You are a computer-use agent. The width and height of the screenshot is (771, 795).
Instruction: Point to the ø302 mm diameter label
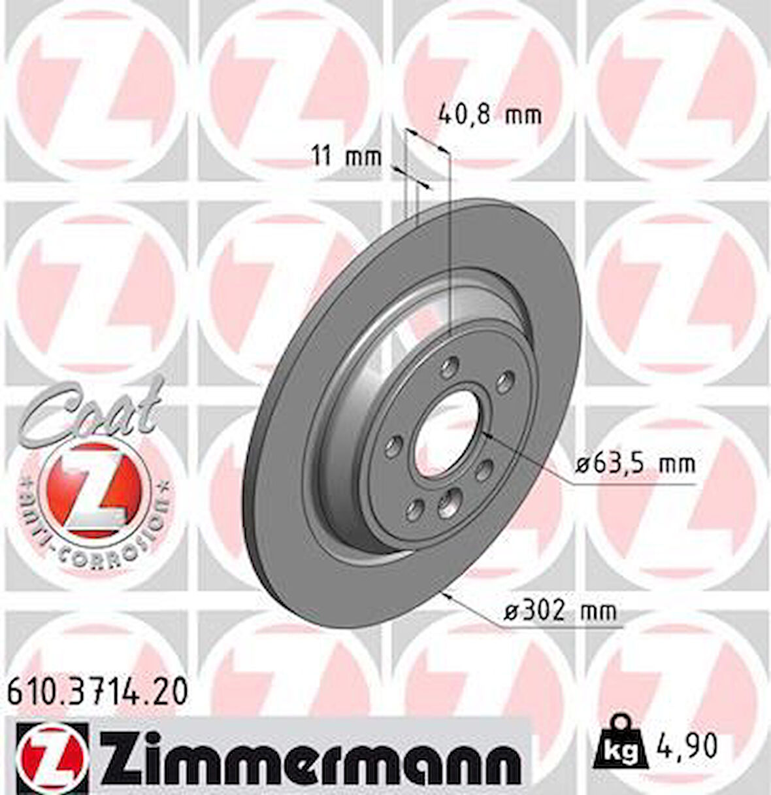coord(560,612)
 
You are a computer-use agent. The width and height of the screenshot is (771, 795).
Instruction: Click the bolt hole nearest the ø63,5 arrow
coord(485,469)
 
